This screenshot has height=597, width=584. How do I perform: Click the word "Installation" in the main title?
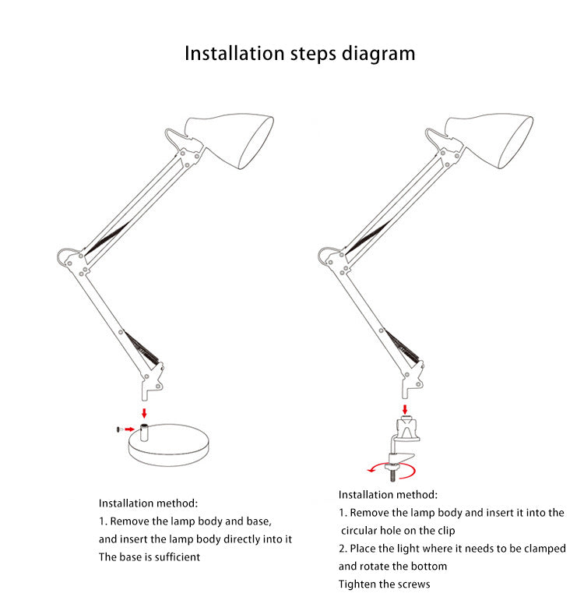click(x=234, y=53)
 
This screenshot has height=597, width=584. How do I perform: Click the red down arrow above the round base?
click(x=144, y=413)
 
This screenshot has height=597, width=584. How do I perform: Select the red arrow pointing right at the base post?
click(x=130, y=429)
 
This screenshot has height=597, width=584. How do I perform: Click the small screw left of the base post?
click(x=118, y=429)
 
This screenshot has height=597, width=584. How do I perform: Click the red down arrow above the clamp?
click(x=405, y=410)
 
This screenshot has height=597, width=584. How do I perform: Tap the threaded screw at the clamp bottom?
click(x=392, y=475)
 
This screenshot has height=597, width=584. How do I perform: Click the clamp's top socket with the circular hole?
click(x=407, y=429)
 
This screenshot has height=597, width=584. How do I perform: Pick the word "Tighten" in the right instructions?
click(x=357, y=584)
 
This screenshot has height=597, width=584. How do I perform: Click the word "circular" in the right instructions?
click(x=359, y=531)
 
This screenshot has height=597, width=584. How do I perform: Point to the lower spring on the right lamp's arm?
click(x=403, y=345)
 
